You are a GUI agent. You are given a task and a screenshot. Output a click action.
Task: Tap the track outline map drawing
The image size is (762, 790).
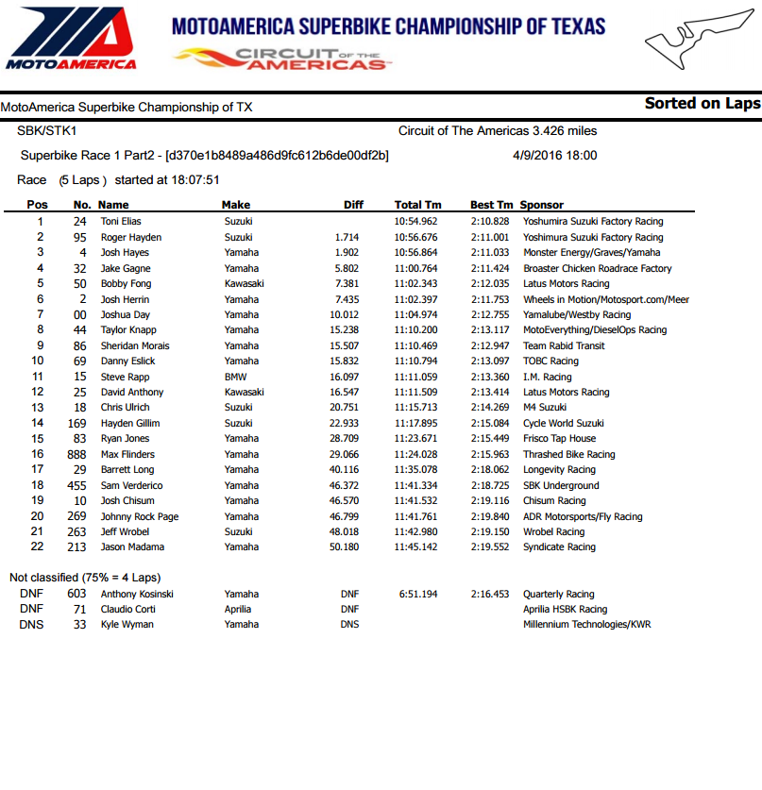click(694, 42)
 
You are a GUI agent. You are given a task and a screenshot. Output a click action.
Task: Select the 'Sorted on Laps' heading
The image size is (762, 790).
click(702, 104)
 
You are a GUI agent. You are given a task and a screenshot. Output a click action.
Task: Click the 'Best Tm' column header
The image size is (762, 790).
click(491, 205)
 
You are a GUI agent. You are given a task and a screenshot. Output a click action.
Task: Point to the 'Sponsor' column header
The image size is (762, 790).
click(541, 205)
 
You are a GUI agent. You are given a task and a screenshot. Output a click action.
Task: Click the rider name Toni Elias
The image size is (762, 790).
click(121, 222)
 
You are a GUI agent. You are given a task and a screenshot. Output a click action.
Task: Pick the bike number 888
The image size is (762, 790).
click(79, 454)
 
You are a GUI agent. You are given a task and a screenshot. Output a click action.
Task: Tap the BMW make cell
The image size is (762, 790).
click(235, 377)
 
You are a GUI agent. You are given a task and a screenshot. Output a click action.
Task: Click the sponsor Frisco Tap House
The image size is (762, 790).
click(559, 439)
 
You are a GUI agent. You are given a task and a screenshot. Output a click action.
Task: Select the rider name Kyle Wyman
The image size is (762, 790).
click(127, 625)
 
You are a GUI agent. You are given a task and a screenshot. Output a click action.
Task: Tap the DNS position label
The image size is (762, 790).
click(29, 625)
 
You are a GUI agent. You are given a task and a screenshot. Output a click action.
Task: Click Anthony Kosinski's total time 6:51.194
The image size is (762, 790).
click(417, 594)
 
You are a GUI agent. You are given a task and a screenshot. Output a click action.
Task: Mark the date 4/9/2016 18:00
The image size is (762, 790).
click(554, 156)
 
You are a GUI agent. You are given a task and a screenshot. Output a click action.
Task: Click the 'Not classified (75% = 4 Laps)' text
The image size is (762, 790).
click(84, 577)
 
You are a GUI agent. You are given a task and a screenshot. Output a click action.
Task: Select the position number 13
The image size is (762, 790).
click(38, 408)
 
